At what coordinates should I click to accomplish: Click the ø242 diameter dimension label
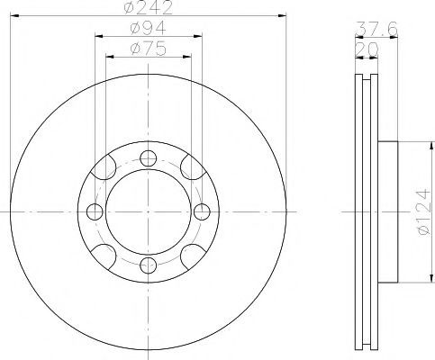point(149,7)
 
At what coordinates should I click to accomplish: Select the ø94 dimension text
point(149,28)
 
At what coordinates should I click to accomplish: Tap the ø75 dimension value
point(149,49)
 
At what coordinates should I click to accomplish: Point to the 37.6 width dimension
point(376,29)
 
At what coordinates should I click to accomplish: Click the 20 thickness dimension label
point(367,49)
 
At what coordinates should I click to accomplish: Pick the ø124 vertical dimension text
point(426,211)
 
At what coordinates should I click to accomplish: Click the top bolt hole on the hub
point(149,158)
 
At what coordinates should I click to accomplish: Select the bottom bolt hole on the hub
point(149,265)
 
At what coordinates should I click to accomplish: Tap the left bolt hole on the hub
point(95,211)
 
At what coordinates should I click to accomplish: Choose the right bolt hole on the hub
point(202,211)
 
